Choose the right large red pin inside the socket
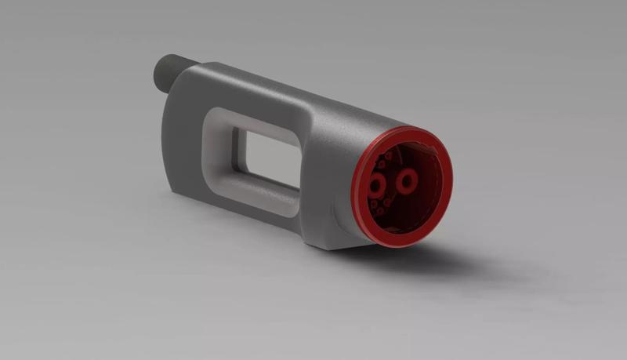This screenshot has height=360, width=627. coord(406,182)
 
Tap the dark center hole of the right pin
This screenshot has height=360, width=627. coord(407,182)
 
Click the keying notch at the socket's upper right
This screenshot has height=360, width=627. coord(433,150)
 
